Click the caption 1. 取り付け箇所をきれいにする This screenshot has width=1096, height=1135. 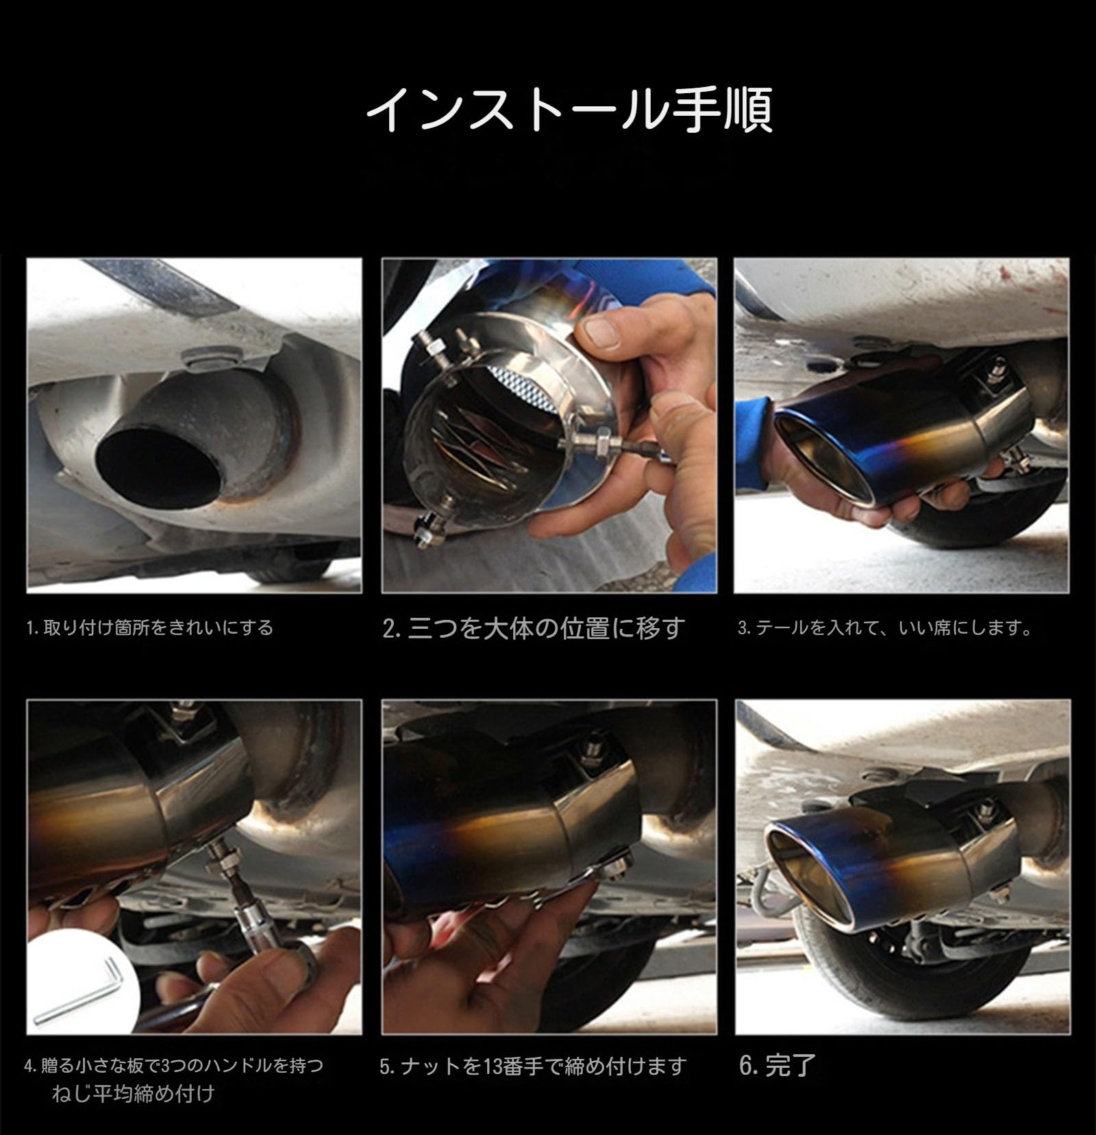[149, 627]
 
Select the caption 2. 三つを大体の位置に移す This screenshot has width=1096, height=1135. [534, 628]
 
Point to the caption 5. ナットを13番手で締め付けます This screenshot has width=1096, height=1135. [533, 1067]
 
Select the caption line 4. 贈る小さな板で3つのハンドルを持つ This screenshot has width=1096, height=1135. [173, 1066]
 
